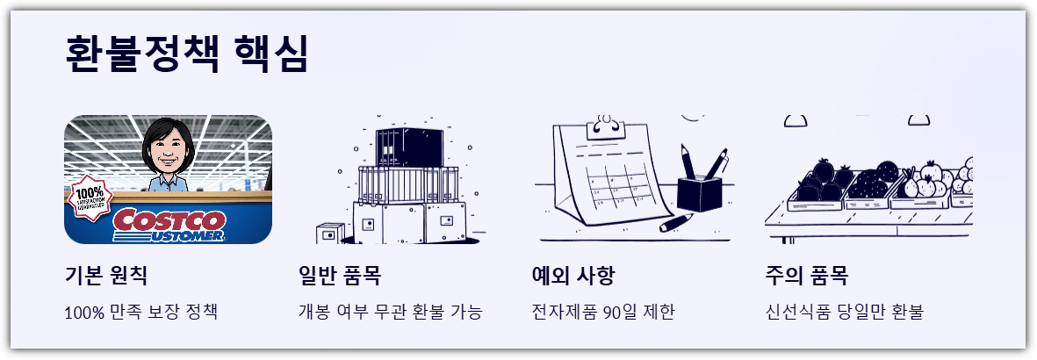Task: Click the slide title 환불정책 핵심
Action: coord(187,54)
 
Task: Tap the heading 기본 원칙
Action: coord(106,276)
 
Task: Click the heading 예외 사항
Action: coord(573,276)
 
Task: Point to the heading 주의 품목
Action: coord(807,276)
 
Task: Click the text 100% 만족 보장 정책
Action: coord(140,312)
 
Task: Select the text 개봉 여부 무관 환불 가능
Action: coord(391,312)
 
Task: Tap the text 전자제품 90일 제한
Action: coord(603,312)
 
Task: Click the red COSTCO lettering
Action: coord(169,220)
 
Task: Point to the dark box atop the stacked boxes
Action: coord(409,147)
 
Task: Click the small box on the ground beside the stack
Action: coord(330,234)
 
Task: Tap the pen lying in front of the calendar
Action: coord(675,222)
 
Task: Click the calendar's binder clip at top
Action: coord(605,128)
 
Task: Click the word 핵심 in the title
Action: coord(273,54)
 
